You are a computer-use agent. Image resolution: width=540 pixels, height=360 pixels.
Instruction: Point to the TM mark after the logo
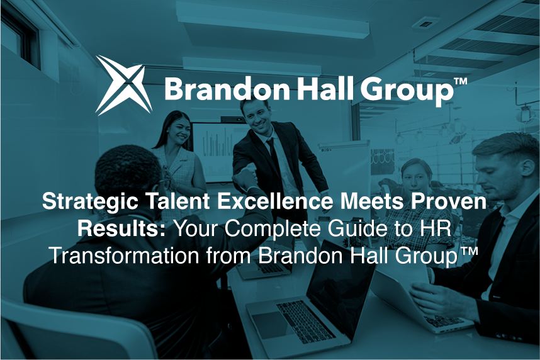click(x=460, y=81)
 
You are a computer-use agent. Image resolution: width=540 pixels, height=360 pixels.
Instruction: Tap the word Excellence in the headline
click(x=274, y=201)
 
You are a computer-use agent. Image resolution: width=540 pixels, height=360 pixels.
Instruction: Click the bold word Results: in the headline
click(x=122, y=228)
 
